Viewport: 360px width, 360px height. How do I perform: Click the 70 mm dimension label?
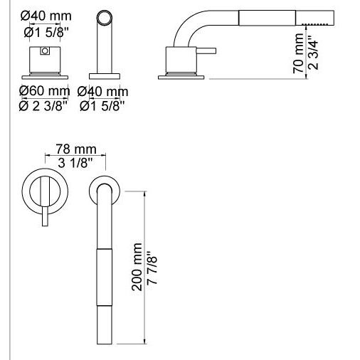click(x=298, y=53)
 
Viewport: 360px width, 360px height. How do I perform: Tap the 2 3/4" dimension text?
click(x=313, y=53)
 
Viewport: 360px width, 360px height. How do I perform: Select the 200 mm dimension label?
click(x=137, y=267)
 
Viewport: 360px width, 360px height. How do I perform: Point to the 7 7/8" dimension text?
click(x=152, y=268)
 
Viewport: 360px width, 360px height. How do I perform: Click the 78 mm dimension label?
click(x=76, y=149)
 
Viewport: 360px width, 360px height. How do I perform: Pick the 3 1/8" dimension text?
click(x=75, y=163)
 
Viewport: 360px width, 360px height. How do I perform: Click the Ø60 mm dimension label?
click(x=45, y=90)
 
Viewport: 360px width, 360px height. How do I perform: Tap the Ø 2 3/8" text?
click(x=43, y=106)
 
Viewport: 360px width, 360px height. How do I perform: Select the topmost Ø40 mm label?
click(x=46, y=16)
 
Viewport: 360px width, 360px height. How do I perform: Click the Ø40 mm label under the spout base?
click(x=102, y=92)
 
